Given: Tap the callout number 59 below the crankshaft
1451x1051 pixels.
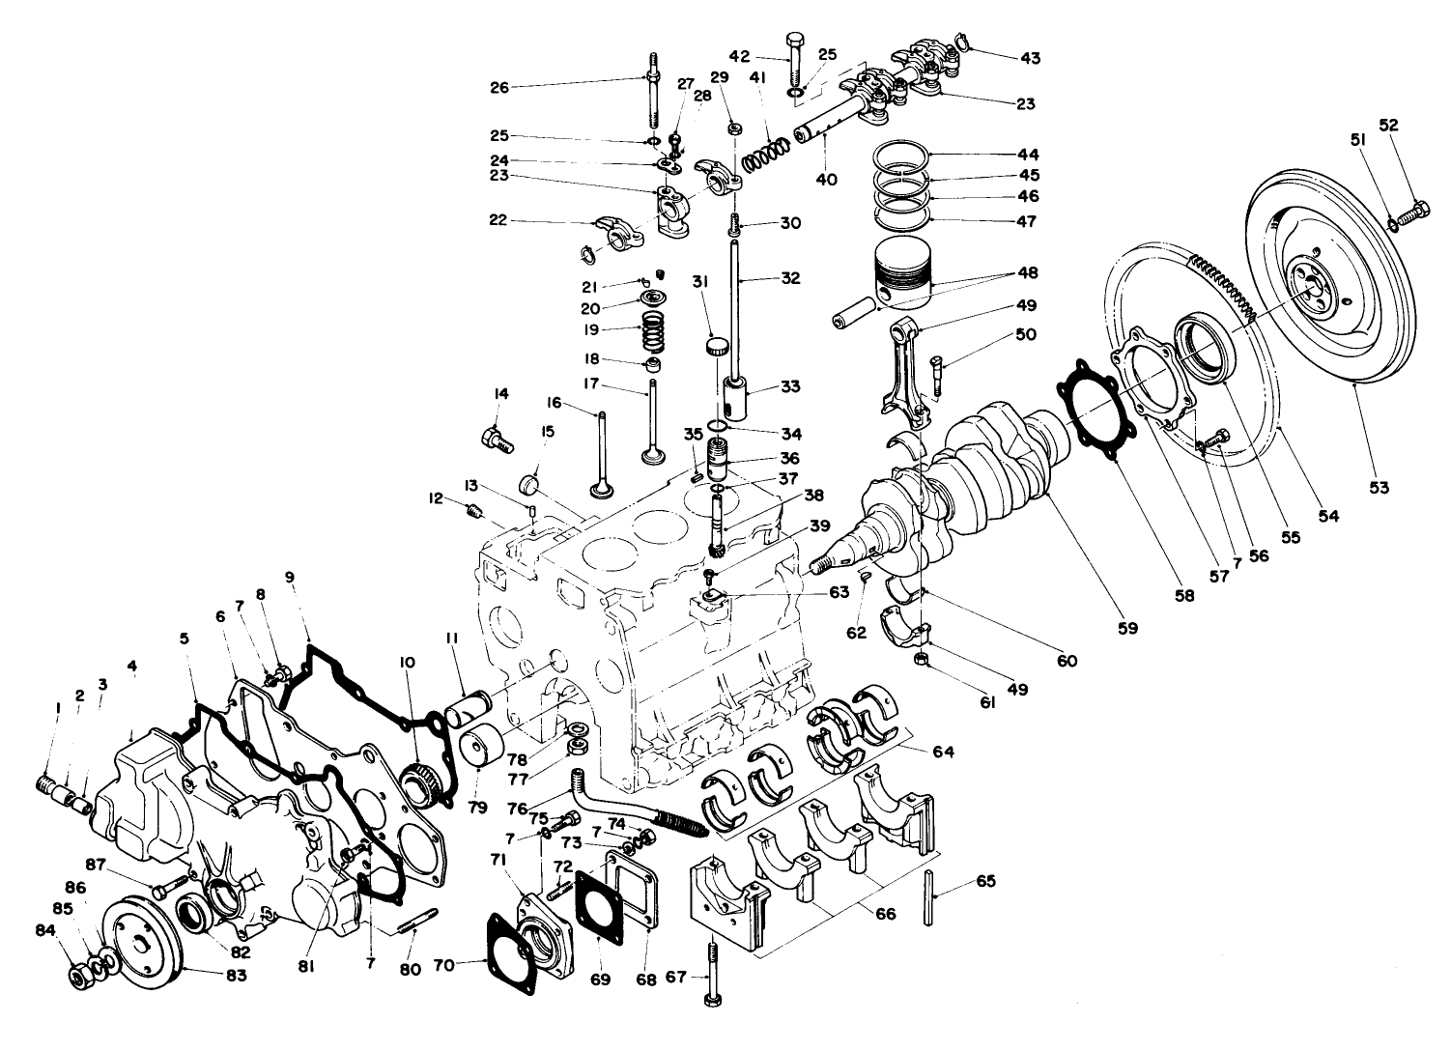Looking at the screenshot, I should [x=1128, y=627].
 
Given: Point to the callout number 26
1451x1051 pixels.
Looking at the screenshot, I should [x=499, y=87].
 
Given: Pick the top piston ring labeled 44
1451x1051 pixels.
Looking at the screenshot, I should [x=901, y=155].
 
